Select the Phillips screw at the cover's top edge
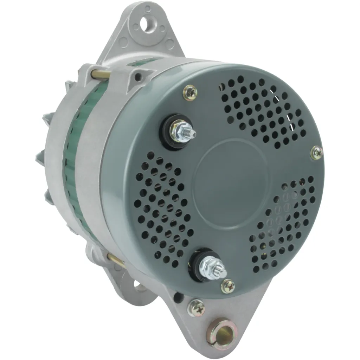(190, 93)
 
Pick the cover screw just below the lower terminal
(228, 286)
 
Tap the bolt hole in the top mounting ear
(145, 24)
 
